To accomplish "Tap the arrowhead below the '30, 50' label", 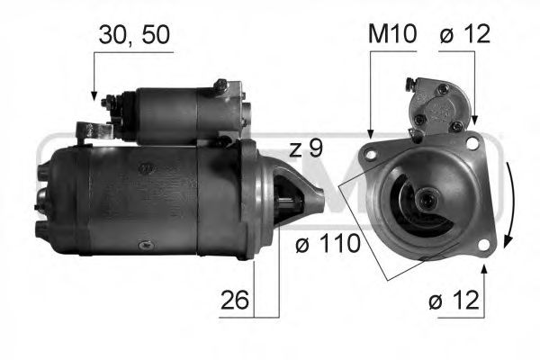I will coord(94,93).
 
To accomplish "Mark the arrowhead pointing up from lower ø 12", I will coord(484,268).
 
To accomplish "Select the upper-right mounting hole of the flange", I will coord(473,142).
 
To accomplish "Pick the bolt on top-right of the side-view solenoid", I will coord(220,87).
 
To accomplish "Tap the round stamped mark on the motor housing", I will coord(144,167).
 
